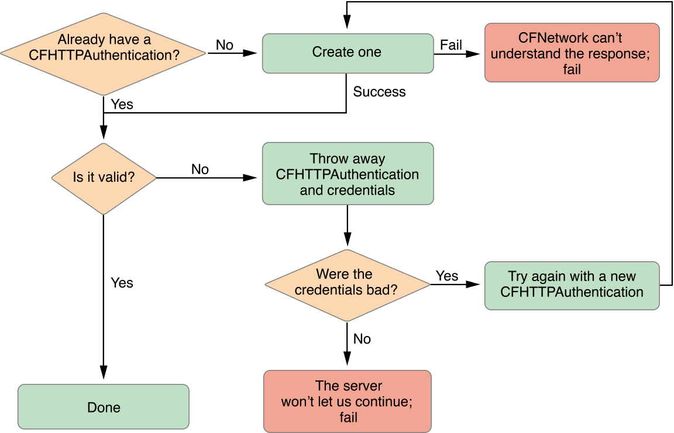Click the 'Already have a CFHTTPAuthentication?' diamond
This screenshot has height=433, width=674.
(x=104, y=54)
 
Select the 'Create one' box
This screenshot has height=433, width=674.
(x=348, y=53)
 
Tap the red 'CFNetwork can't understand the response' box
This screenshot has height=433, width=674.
(x=572, y=53)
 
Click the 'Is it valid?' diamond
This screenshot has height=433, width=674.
(x=104, y=177)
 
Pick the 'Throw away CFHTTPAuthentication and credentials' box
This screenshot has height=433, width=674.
(x=348, y=174)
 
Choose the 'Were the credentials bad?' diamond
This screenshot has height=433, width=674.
(x=348, y=282)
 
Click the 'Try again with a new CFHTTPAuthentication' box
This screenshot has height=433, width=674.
(x=572, y=285)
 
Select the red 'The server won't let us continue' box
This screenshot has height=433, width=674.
(x=348, y=401)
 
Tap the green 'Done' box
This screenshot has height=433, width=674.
(x=104, y=407)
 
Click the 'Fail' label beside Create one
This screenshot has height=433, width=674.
(x=451, y=45)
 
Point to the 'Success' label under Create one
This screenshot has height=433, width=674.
(x=379, y=92)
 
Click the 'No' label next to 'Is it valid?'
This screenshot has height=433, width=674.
(x=200, y=169)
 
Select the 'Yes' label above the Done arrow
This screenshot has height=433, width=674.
(x=122, y=283)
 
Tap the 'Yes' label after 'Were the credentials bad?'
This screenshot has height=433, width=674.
(x=447, y=276)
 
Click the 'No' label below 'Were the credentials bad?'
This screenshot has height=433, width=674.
(x=362, y=339)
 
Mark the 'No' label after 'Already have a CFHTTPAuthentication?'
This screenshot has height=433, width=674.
(x=225, y=45)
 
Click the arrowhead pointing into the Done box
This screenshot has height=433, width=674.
(x=104, y=374)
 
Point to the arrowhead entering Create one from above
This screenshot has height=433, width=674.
(x=348, y=22)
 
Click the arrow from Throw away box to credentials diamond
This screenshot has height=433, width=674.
(x=348, y=225)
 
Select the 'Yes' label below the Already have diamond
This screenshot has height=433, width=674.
(x=122, y=105)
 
